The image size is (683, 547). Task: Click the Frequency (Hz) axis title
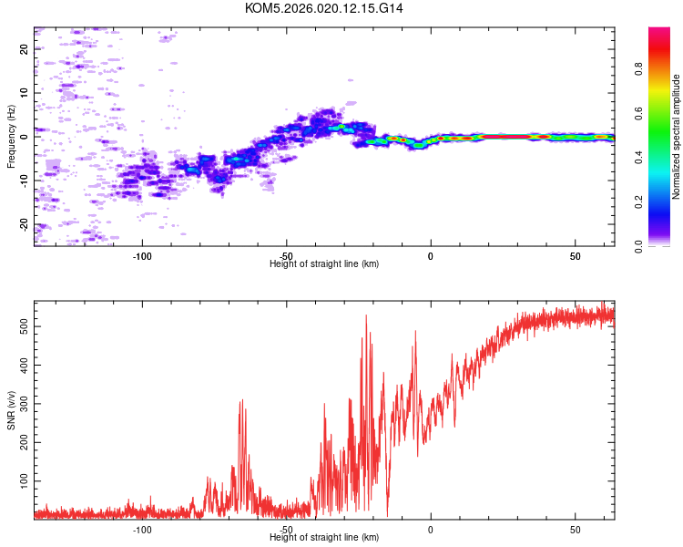coord(11,137)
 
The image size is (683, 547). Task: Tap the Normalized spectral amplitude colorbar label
coord(677,137)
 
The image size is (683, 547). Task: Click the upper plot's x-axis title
coord(324,263)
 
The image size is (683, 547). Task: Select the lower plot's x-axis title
coord(324,537)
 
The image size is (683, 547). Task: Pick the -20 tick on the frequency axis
coord(24,224)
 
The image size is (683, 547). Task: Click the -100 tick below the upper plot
coord(141,254)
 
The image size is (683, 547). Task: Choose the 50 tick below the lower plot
coord(576,528)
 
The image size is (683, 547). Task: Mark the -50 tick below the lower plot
coord(286,528)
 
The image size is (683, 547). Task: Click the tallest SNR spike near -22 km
coord(366,316)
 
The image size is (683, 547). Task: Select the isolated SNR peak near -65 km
coord(242,400)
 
